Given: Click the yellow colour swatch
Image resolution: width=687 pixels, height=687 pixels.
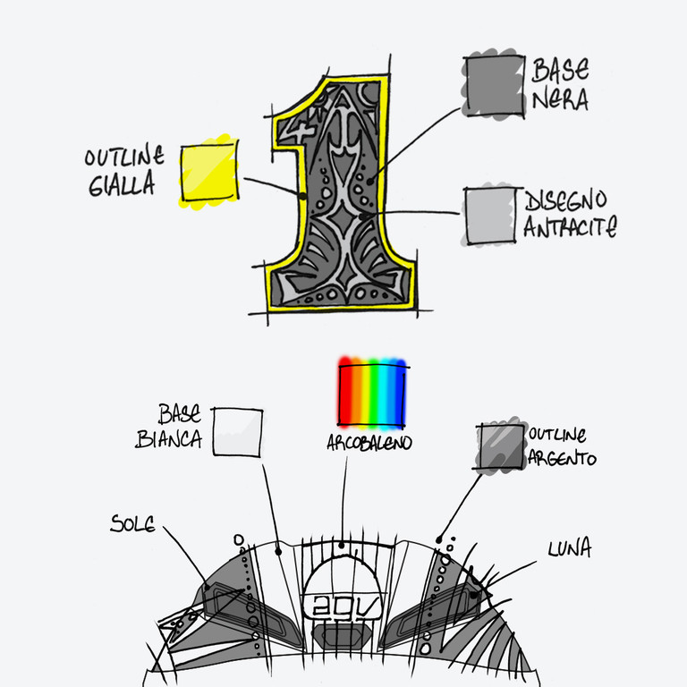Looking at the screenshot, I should point(209,172).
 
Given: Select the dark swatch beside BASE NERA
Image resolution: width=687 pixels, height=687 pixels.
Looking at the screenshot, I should point(493,86).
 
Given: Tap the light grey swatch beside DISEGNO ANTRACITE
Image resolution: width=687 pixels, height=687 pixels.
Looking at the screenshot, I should point(491,216).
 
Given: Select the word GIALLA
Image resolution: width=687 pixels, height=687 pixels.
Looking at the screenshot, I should point(123,186).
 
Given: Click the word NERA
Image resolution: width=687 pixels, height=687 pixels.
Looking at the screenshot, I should point(560,100).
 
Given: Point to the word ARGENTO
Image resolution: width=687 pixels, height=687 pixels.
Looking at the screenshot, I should point(562,458).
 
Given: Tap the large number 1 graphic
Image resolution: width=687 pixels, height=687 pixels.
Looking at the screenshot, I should point(341,192).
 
